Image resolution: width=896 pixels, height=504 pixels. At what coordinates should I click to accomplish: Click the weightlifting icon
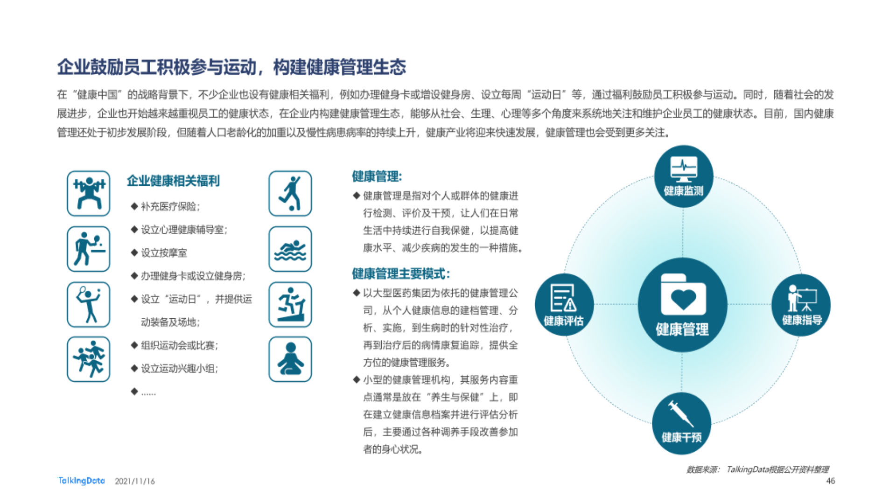(x=89, y=193)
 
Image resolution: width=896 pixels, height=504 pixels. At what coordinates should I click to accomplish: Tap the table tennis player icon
(x=89, y=249)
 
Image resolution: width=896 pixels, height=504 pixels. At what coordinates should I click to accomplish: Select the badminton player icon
(x=89, y=304)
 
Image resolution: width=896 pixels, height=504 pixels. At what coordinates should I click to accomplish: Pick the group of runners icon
(x=89, y=359)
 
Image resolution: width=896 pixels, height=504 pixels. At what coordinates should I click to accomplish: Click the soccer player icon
(x=290, y=193)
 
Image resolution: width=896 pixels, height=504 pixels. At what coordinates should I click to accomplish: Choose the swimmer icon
(x=290, y=249)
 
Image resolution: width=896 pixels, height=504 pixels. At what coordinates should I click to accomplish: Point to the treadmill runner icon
(x=290, y=304)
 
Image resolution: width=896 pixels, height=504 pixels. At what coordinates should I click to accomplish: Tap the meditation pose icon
(x=290, y=359)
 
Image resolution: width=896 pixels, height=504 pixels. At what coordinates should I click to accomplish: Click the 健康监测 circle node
(x=684, y=176)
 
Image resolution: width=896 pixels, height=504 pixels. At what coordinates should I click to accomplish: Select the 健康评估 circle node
(x=564, y=305)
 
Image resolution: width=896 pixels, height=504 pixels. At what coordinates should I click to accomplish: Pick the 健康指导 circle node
(x=801, y=305)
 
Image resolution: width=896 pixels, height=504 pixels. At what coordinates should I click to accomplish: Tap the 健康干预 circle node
(x=681, y=423)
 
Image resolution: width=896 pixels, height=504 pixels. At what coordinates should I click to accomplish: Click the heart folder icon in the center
(x=683, y=295)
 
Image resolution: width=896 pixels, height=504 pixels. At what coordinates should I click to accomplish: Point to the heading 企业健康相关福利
(x=173, y=181)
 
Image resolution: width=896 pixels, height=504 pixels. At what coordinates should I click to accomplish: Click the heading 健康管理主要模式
(x=401, y=273)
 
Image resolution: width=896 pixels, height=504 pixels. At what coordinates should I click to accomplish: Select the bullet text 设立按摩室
(x=164, y=253)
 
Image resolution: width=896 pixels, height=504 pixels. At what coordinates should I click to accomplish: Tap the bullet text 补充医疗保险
(x=170, y=206)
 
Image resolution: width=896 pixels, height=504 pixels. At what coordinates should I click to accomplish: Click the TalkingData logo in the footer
(x=81, y=481)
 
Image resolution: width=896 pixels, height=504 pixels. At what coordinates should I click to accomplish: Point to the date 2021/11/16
(x=135, y=481)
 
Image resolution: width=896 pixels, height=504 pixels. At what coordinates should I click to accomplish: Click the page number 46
(x=831, y=481)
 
